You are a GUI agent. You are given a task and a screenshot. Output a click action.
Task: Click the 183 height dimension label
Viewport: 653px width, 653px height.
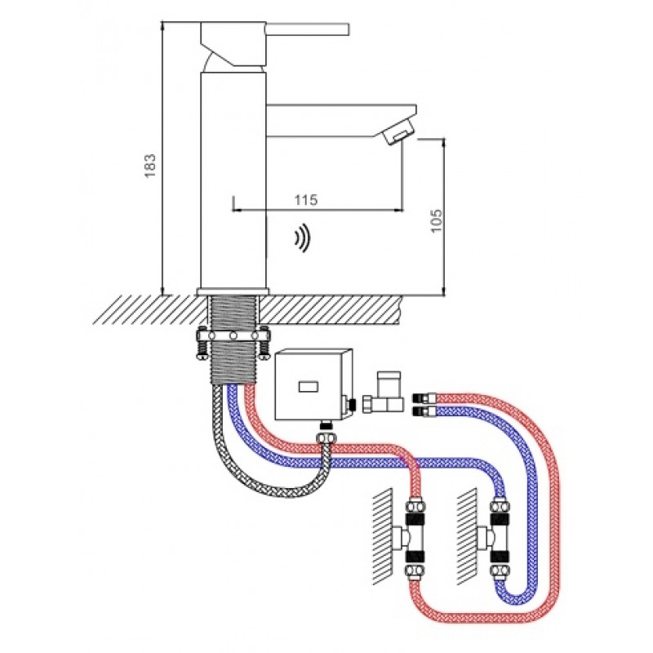point(150,166)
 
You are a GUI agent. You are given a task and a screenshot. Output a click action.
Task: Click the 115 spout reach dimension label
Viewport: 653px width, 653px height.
point(306,200)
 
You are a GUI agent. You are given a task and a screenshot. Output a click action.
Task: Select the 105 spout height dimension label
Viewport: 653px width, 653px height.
point(436,220)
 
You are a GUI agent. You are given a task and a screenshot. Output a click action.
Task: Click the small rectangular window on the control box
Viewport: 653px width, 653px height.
point(309,387)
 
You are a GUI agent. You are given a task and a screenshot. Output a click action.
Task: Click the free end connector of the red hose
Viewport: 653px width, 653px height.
point(424,398)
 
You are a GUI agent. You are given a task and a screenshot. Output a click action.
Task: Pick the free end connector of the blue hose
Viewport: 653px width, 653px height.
point(424,412)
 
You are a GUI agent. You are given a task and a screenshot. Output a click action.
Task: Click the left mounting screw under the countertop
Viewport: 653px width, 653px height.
point(201,344)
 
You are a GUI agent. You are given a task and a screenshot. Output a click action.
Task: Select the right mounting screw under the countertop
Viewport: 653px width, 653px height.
point(264,344)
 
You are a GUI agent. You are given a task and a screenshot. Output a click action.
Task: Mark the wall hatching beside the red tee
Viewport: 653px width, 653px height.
point(382,536)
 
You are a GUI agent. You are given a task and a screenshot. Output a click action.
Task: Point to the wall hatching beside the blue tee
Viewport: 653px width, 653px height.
point(467,536)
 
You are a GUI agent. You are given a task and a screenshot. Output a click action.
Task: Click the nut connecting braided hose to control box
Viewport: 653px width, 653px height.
point(326,438)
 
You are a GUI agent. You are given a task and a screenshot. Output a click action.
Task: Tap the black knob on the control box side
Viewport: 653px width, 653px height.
point(352,404)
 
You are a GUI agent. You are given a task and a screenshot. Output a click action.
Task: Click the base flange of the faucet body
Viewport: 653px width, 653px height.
point(233,291)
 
